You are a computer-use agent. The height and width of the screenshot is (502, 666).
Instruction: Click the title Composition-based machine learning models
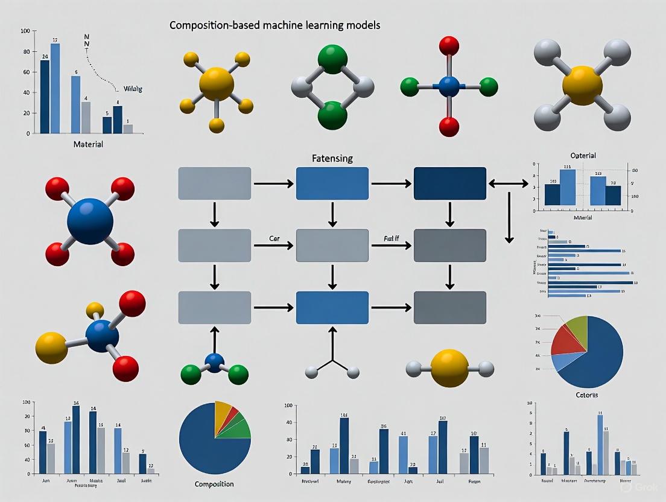point(274,26)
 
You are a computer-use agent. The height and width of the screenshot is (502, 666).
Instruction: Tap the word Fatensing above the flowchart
point(332,158)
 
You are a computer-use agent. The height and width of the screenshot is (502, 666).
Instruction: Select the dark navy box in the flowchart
point(449,183)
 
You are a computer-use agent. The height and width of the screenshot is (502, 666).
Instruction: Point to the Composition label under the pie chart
point(214,484)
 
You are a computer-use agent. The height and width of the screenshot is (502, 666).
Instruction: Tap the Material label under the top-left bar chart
point(87,144)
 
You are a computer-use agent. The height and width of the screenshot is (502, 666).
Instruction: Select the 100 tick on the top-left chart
point(25,31)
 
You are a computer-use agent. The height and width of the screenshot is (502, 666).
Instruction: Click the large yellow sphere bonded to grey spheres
point(582,85)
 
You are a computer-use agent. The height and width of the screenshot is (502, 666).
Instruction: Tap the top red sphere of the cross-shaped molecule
point(449,45)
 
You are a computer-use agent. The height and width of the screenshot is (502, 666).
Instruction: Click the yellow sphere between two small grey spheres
point(449,367)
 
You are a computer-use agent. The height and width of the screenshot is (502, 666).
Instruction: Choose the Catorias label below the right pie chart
point(582,395)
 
